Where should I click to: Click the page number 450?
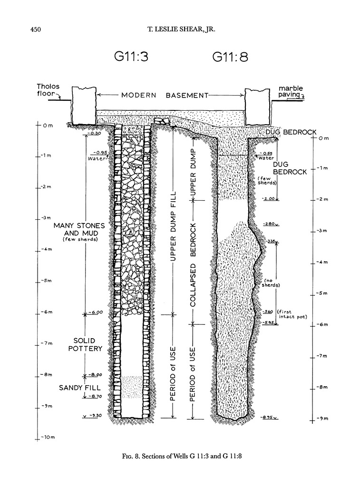(x=36, y=29)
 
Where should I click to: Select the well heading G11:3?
(x=131, y=57)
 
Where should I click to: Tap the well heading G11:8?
(x=230, y=58)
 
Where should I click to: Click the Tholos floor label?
(x=49, y=90)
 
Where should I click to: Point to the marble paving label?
(x=291, y=91)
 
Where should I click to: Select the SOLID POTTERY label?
(x=88, y=344)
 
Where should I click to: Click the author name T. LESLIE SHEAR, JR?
(x=180, y=29)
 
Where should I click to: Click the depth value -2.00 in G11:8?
(x=268, y=199)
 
